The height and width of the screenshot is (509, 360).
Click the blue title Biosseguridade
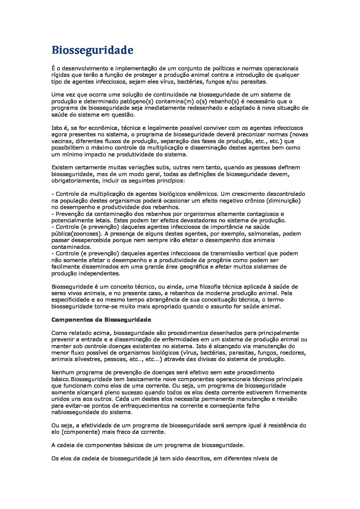92,50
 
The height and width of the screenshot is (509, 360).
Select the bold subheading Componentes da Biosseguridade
101,320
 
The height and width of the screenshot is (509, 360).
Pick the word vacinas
62,141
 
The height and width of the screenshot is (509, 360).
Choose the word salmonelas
264,234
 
